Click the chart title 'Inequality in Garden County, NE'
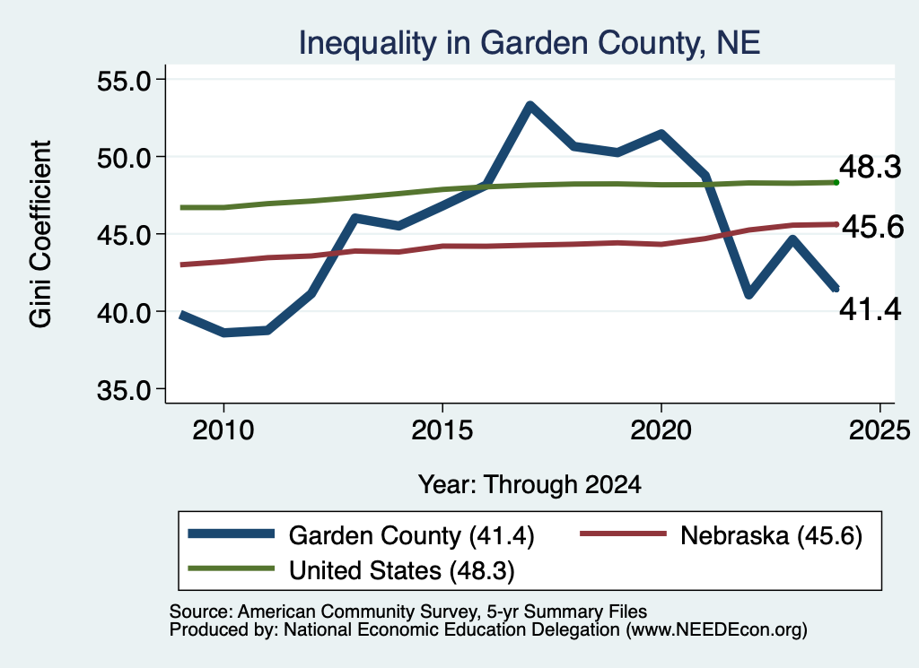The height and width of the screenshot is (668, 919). pyautogui.click(x=530, y=44)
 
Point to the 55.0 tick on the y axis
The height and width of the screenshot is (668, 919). pyautogui.click(x=124, y=81)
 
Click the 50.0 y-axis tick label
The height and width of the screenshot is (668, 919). pyautogui.click(x=124, y=158)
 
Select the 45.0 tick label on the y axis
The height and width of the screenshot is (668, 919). pyautogui.click(x=124, y=235)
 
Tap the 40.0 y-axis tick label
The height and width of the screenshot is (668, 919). pyautogui.click(x=124, y=313)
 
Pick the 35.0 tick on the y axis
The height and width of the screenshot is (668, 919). pyautogui.click(x=124, y=390)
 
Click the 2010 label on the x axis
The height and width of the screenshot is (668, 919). pyautogui.click(x=223, y=431)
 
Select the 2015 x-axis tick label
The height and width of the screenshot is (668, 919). pyautogui.click(x=442, y=431)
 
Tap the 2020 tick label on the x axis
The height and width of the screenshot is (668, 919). pyautogui.click(x=661, y=431)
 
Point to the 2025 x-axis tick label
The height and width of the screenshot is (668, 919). pyautogui.click(x=880, y=431)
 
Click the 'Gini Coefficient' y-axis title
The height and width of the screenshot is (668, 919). pyautogui.click(x=41, y=234)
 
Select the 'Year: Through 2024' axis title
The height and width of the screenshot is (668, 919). pyautogui.click(x=530, y=485)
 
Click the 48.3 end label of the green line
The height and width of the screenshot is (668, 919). pyautogui.click(x=871, y=167)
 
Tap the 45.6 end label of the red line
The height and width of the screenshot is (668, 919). pyautogui.click(x=872, y=227)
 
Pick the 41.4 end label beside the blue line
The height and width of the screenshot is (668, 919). pyautogui.click(x=871, y=309)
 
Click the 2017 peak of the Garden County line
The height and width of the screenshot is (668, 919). pyautogui.click(x=530, y=106)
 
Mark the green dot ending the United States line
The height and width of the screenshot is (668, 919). pyautogui.click(x=836, y=183)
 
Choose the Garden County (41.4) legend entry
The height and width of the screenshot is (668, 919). pyautogui.click(x=361, y=535)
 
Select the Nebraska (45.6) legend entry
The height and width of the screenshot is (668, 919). pyautogui.click(x=721, y=535)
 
